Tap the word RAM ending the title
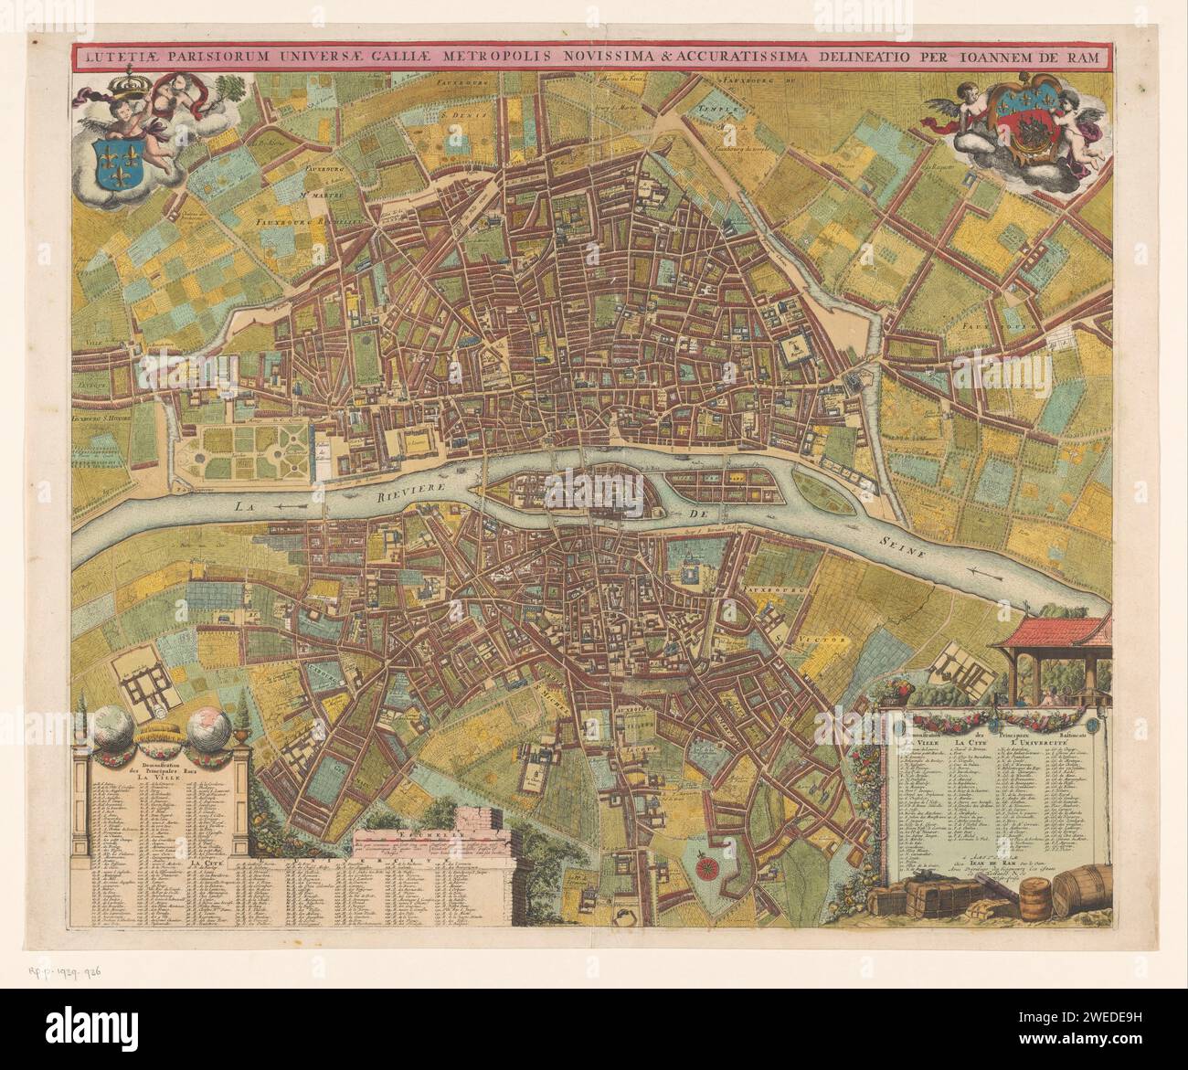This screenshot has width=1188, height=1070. point(1087,57)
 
